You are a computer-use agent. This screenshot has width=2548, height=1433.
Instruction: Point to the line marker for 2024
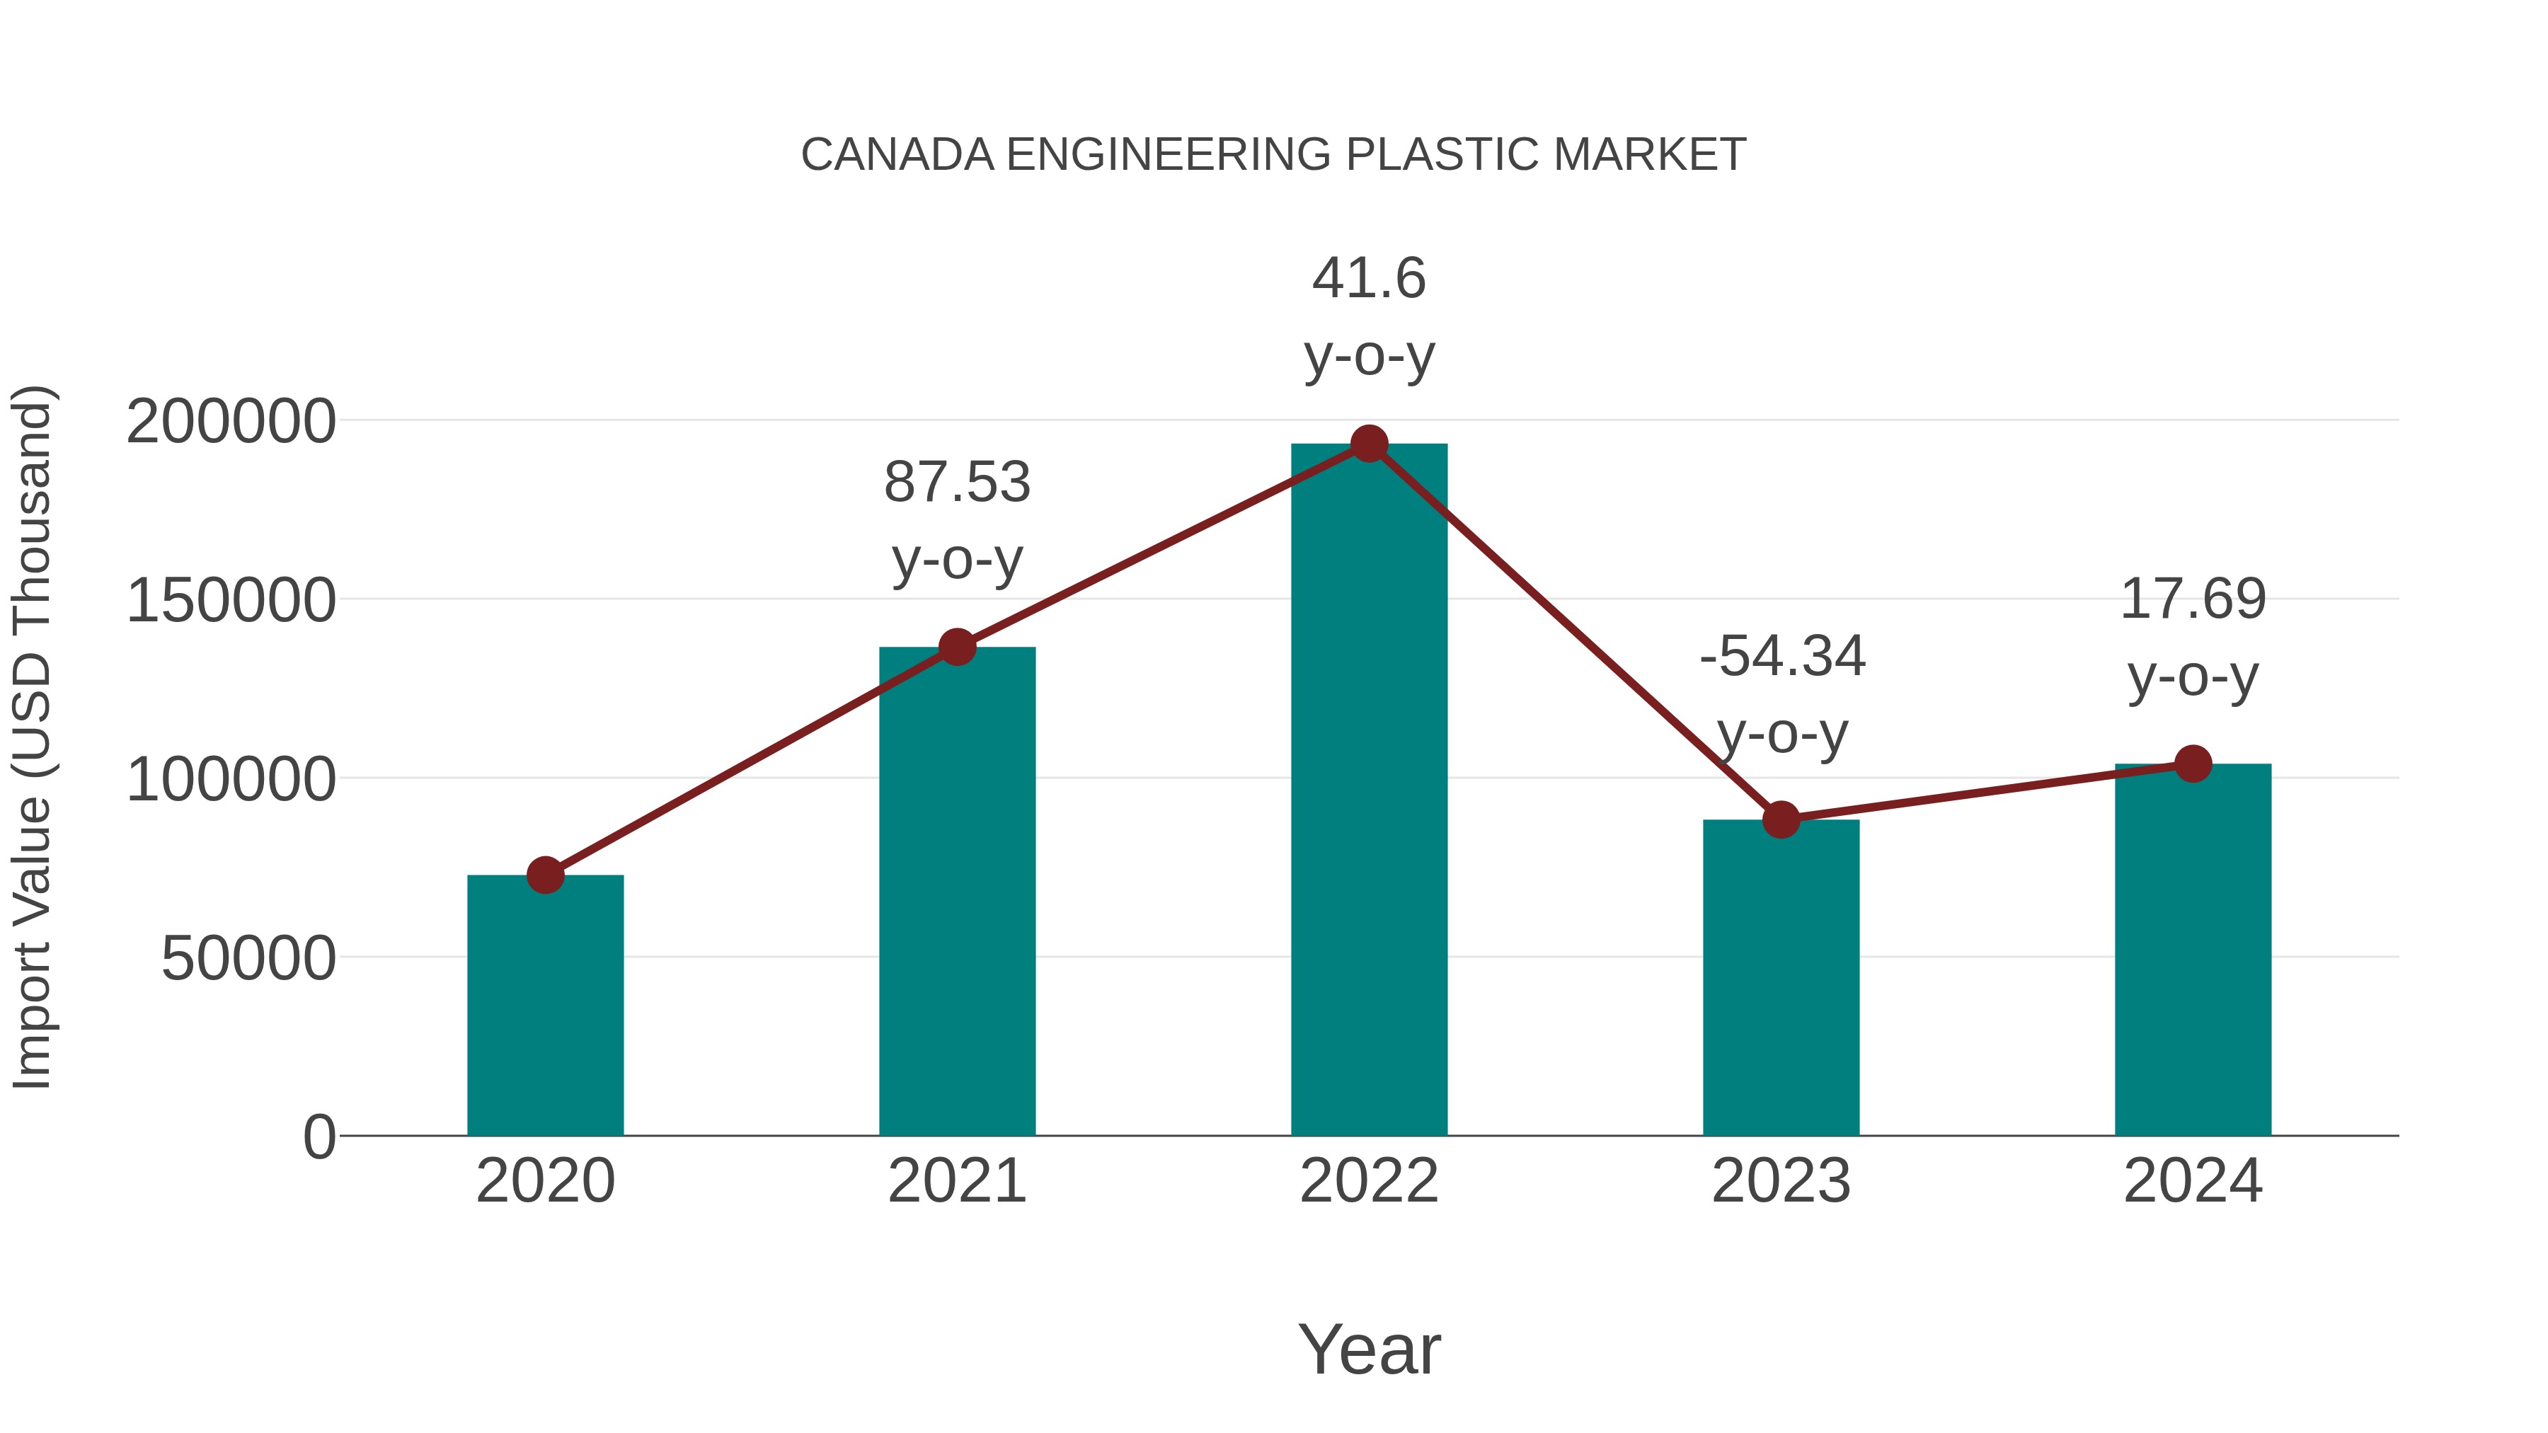pyautogui.click(x=2193, y=764)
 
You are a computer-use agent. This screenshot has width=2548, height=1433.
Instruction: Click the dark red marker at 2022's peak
pyautogui.click(x=1369, y=444)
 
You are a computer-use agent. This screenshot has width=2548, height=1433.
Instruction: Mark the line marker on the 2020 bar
pyautogui.click(x=545, y=875)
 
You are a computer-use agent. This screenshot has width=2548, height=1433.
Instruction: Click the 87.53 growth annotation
pyautogui.click(x=956, y=483)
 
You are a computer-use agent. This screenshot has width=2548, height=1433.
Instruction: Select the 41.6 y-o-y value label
pyautogui.click(x=1369, y=278)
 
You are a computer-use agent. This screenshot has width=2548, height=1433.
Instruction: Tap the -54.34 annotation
pyautogui.click(x=1782, y=657)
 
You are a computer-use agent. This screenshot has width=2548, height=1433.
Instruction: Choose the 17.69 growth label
pyautogui.click(x=2193, y=599)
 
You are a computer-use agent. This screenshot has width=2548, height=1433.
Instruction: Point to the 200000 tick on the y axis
pyautogui.click(x=231, y=422)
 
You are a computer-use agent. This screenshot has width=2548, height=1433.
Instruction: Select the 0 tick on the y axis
pyautogui.click(x=318, y=1137)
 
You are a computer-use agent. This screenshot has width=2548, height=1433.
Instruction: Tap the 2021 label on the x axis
pyautogui.click(x=956, y=1181)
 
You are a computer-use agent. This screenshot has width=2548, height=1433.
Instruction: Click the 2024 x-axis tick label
pyautogui.click(x=2193, y=1181)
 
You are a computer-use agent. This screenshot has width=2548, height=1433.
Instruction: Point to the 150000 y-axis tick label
pyautogui.click(x=231, y=602)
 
